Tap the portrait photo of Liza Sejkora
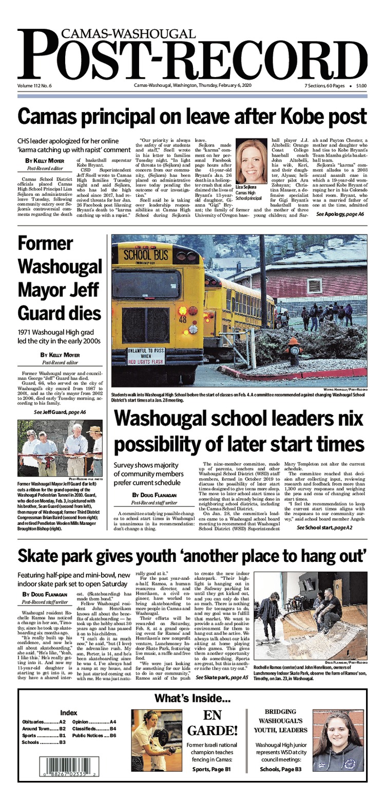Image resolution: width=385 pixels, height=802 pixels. point(253,162)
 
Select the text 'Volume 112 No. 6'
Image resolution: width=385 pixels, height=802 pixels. point(35,85)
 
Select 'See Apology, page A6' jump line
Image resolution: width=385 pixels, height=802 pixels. point(340,214)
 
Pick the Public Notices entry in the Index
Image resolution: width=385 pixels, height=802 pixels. point(94,736)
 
